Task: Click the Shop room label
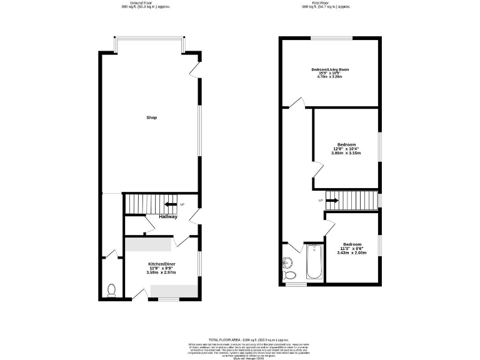[x=151, y=117]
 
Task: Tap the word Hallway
[x=167, y=217]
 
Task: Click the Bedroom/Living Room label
[x=331, y=69]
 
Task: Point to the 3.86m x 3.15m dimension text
[x=346, y=153]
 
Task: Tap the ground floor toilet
[x=112, y=290]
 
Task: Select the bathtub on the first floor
[x=314, y=262]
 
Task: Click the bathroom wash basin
[x=287, y=261]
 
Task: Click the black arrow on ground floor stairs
[x=169, y=204]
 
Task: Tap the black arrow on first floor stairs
[x=332, y=201]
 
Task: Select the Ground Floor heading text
[x=146, y=3]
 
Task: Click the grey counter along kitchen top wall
[x=149, y=244]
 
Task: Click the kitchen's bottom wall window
[x=168, y=299]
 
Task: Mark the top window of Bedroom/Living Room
[x=332, y=39]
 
